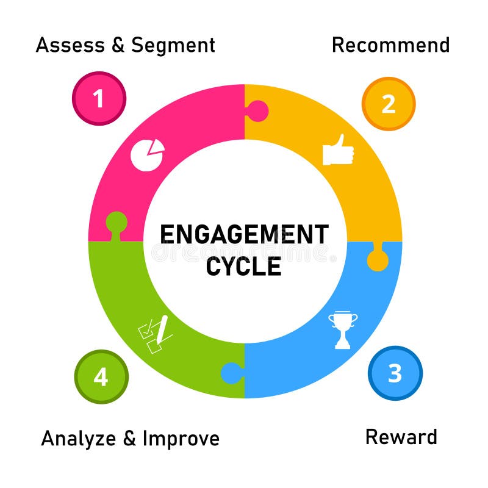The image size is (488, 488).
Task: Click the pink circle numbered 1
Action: tap(99, 98)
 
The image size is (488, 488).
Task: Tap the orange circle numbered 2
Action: tap(389, 104)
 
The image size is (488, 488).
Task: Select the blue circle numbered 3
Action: tap(395, 373)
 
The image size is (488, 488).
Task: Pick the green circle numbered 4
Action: tap(101, 376)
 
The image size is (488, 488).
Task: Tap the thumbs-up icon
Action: tap(338, 150)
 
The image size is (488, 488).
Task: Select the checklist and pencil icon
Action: tap(156, 334)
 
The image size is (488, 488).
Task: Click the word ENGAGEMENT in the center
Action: tap(244, 235)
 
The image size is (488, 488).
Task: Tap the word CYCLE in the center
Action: tap(244, 266)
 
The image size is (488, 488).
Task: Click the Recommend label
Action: tap(390, 45)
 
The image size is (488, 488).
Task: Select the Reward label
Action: tap(401, 437)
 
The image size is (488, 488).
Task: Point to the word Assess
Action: tap(69, 45)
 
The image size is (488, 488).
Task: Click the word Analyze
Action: tap(78, 439)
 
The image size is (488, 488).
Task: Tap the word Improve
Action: tap(181, 439)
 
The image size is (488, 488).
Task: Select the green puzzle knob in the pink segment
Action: tap(116, 222)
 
